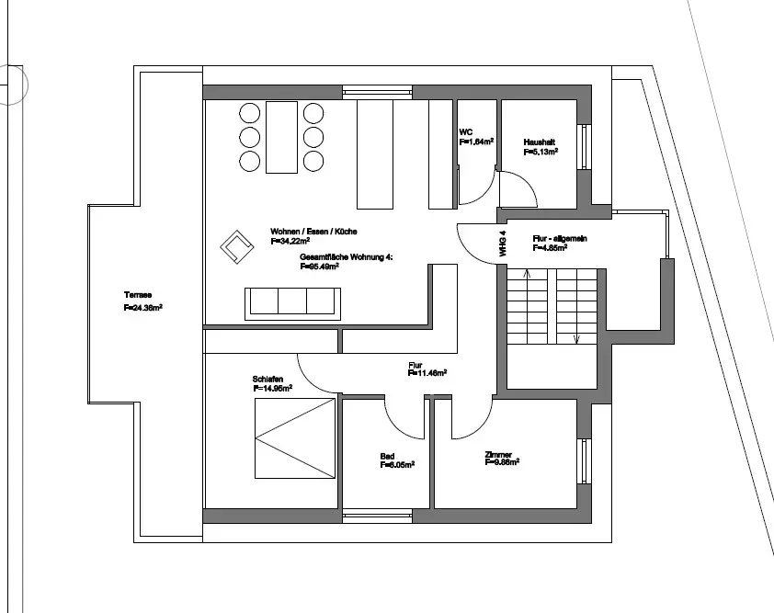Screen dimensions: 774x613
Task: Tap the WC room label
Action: tap(465, 131)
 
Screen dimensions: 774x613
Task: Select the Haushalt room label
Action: tap(538, 142)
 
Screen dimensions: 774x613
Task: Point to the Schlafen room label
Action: tap(268, 379)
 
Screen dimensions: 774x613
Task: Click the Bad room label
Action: tap(387, 456)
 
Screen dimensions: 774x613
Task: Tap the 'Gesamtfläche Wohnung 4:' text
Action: tap(347, 257)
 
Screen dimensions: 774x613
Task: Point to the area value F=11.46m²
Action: tap(427, 373)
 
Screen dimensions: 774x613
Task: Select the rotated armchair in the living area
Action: tap(237, 244)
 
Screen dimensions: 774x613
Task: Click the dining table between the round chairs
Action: tap(281, 137)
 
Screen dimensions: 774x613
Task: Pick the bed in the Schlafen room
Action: tap(295, 438)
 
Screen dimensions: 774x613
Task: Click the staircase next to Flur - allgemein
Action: tap(551, 307)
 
